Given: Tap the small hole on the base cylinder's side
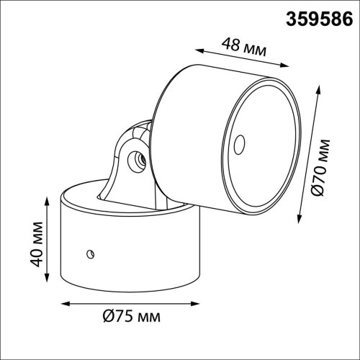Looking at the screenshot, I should tap(89, 252).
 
